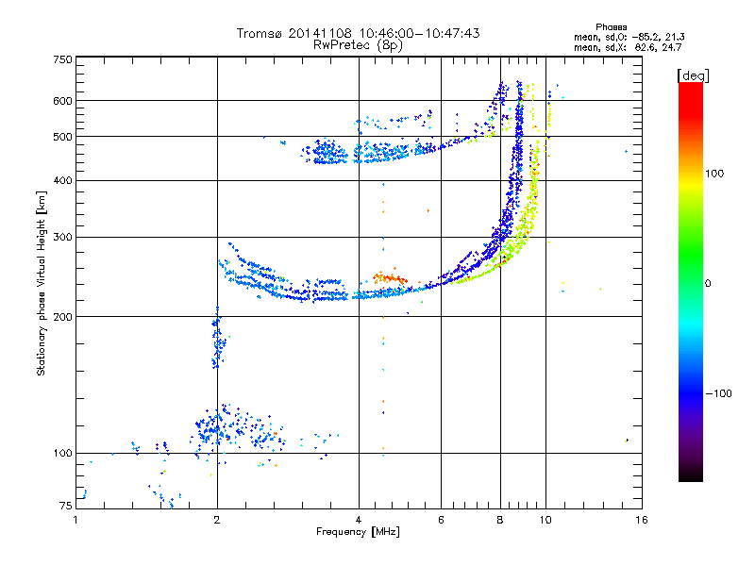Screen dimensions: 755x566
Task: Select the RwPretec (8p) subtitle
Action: (358, 45)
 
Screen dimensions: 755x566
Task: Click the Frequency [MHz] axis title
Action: (358, 532)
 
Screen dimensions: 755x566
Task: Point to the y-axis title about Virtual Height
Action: (42, 284)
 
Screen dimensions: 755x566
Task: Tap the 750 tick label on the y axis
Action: (63, 59)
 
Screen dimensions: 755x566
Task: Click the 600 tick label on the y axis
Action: (63, 101)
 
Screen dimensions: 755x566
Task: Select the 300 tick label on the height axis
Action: (63, 238)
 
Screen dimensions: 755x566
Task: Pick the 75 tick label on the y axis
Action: (66, 506)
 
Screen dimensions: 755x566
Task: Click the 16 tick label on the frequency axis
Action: (642, 520)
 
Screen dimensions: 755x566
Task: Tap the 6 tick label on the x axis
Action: (441, 520)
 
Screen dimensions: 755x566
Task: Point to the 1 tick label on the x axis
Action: (75, 520)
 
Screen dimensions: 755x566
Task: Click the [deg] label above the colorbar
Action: (693, 76)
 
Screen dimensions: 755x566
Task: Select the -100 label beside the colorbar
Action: (719, 393)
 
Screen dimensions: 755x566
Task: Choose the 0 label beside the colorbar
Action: (708, 284)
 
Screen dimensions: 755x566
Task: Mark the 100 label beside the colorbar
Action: (714, 174)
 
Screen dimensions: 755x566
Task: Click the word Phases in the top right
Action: (611, 27)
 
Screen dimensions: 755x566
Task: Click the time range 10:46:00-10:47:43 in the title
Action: (419, 33)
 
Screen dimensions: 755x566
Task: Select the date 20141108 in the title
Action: (320, 33)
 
